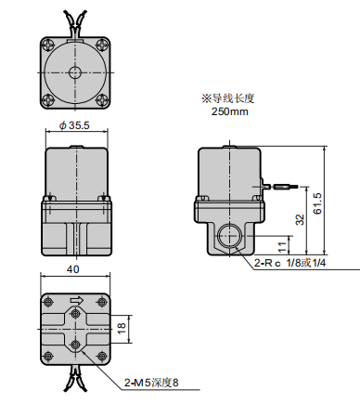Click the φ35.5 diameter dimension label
coord(74,125)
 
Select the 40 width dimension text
coord(73,269)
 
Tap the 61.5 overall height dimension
coord(317,203)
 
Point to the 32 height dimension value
coord(300,219)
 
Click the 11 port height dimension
coord(282,247)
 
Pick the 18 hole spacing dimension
coord(122,328)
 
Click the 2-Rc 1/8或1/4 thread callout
coord(289,263)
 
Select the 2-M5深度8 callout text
coord(151,383)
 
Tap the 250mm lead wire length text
coord(230,111)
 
